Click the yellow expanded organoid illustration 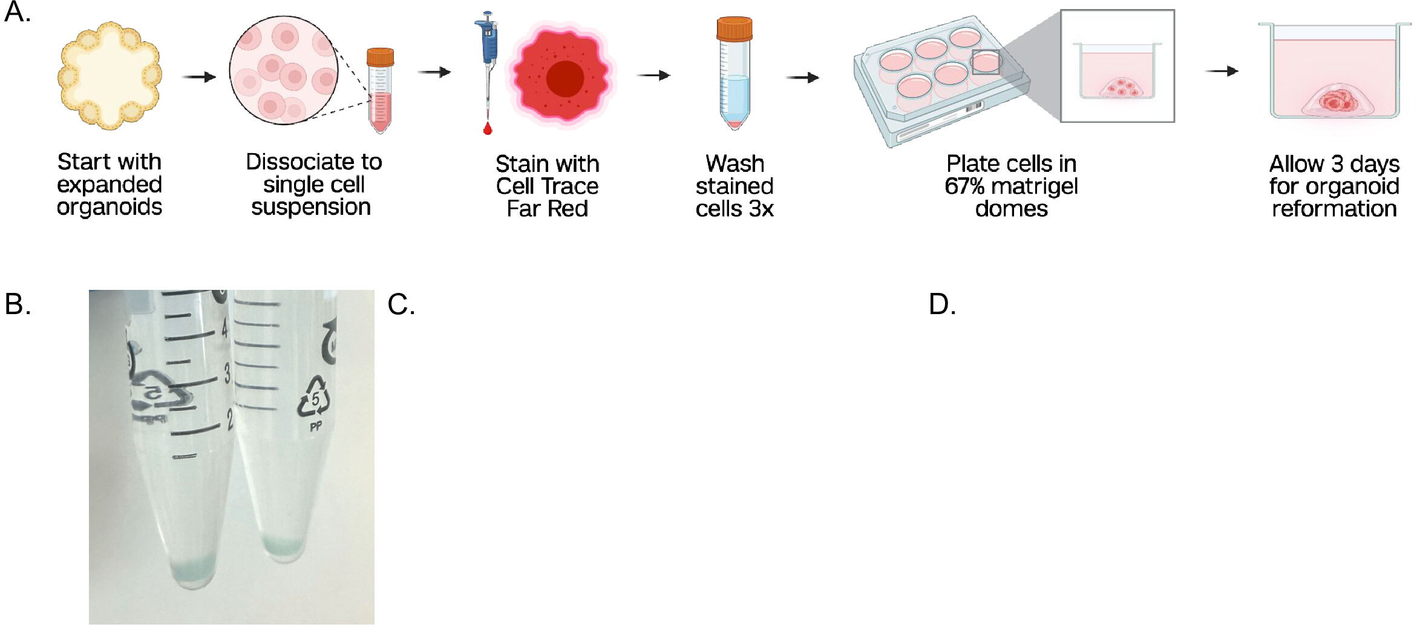(110, 76)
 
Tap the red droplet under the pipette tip (488, 128)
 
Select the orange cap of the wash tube (735, 28)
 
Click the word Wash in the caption (735, 163)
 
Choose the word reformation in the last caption (1334, 209)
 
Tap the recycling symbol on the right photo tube (313, 398)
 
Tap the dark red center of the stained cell (565, 79)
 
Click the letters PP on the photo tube (316, 427)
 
